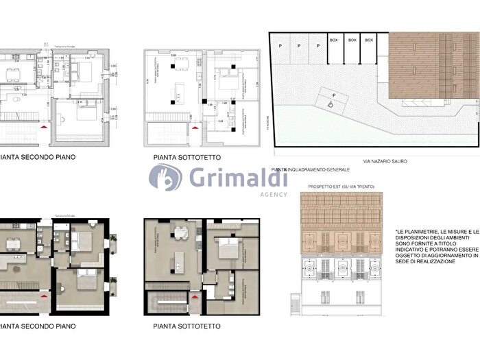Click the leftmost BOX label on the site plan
[335, 40]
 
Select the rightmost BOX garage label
[369, 40]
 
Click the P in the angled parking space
[333, 96]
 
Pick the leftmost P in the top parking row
[280, 46]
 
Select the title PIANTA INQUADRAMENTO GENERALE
[311, 169]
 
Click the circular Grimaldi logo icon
[165, 178]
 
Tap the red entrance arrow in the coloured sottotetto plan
[194, 296]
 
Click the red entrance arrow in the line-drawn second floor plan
[45, 127]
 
